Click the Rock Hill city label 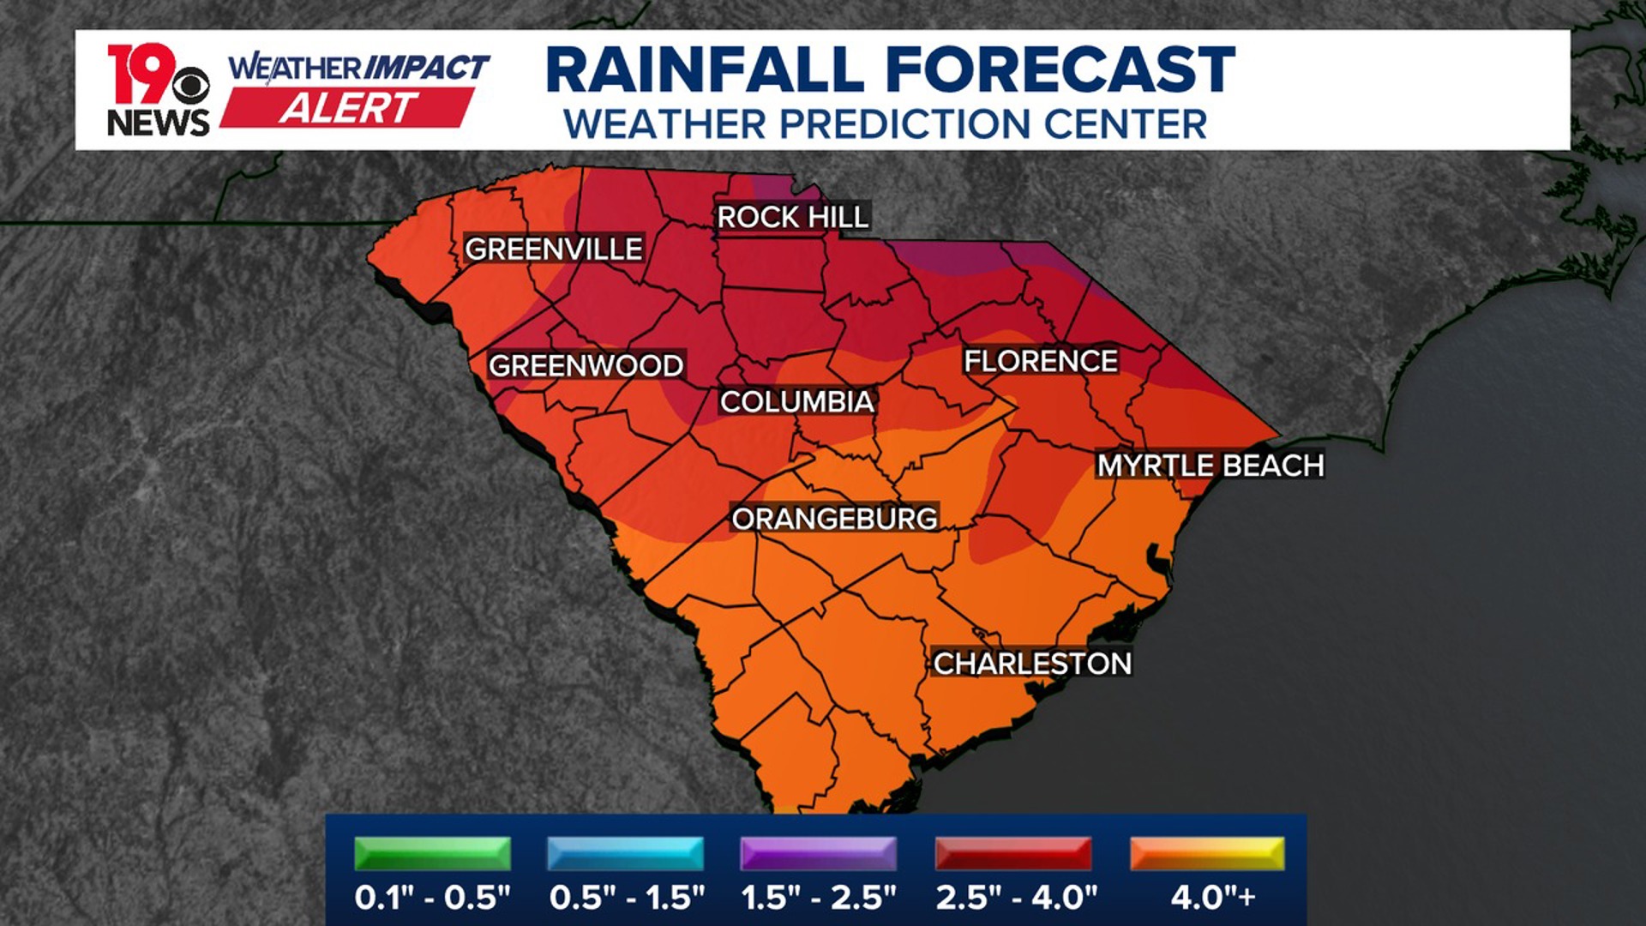(x=793, y=218)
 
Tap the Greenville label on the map (x=553, y=250)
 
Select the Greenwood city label (x=586, y=366)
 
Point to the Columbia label (x=796, y=401)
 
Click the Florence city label (x=1041, y=361)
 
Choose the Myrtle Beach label (x=1210, y=466)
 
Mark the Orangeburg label (x=834, y=519)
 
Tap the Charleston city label (x=1032, y=664)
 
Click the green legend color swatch (x=432, y=854)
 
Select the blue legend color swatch (x=625, y=854)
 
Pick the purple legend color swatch (x=819, y=854)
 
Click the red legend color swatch (x=1013, y=854)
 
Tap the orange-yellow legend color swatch (x=1207, y=854)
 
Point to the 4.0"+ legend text (x=1213, y=898)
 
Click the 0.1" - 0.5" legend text (x=432, y=898)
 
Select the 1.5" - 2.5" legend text (x=819, y=898)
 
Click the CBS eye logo (x=190, y=86)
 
